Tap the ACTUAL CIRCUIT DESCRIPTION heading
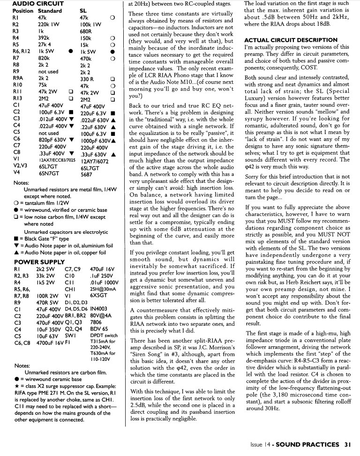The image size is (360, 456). pyautogui.click(x=297, y=40)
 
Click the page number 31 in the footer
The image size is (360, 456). pyautogui.click(x=347, y=444)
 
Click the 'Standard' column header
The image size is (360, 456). pyautogui.click(x=50, y=10)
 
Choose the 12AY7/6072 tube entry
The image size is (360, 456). pyautogui.click(x=96, y=160)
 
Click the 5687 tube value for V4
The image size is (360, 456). pyautogui.click(x=87, y=174)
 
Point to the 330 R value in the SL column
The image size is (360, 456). pyautogui.click(x=88, y=79)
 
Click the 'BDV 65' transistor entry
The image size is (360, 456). pyautogui.click(x=98, y=329)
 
